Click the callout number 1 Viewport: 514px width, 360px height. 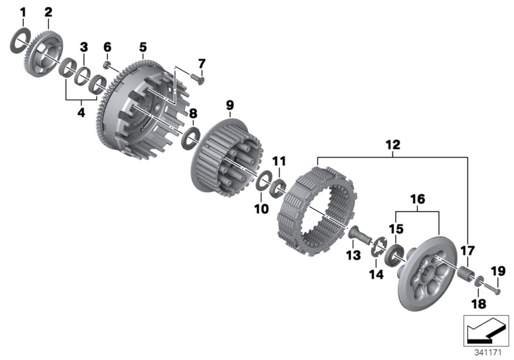pos(22,13)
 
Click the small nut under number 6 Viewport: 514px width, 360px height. pos(107,64)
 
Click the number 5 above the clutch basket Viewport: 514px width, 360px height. pos(143,47)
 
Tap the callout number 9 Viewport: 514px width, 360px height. pos(230,105)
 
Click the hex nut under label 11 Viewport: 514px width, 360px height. pos(278,188)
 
